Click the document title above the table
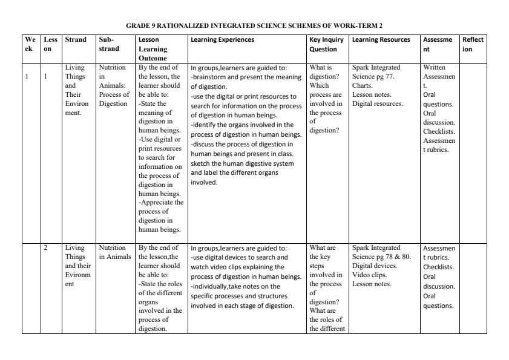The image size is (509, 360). pos(254,26)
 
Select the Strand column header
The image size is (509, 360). pos(75,40)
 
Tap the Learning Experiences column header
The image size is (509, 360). pos(222,40)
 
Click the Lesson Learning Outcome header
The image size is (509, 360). pos(151,49)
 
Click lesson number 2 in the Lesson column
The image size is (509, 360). pos(45,247)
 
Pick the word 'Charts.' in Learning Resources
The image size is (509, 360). pos(362,85)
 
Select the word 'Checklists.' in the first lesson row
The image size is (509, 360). pos(439,131)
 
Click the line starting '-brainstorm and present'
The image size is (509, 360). pos(246,77)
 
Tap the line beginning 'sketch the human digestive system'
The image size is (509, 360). pos(242,163)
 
